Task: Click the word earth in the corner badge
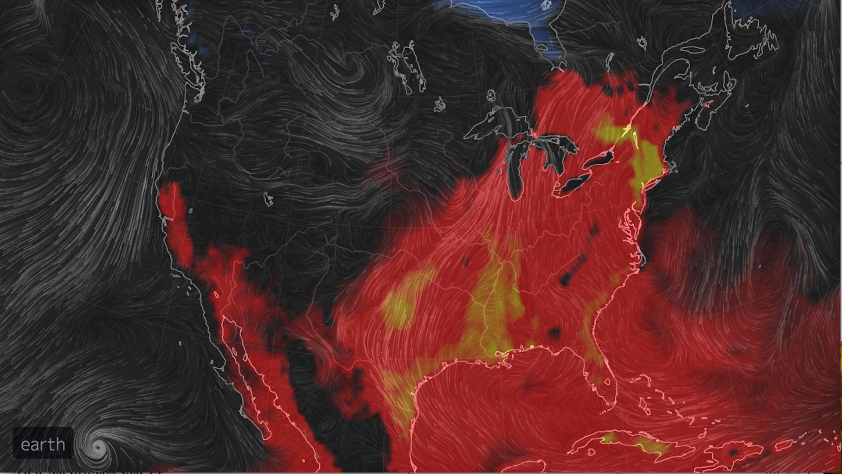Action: (x=43, y=445)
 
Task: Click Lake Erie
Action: (x=574, y=184)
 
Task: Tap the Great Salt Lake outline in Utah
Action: (x=268, y=199)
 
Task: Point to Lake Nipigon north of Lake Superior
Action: (x=490, y=95)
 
